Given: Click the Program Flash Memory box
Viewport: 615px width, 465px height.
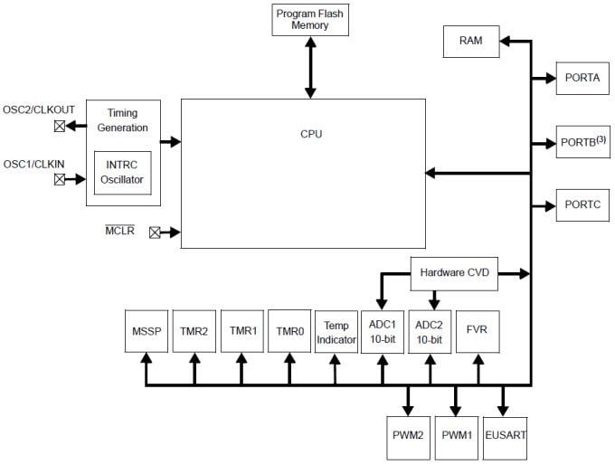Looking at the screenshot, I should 310,20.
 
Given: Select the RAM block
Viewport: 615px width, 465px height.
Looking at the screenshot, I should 470,41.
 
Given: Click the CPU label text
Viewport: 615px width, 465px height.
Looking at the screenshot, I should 311,134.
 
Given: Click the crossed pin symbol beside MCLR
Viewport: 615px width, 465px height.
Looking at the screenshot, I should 154,232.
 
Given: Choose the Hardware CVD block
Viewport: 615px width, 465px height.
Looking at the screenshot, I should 454,273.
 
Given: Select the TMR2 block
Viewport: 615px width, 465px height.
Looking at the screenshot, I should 193,331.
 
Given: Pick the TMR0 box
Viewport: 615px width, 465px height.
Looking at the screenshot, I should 289,331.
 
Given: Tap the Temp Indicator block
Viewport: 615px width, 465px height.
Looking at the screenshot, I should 336,331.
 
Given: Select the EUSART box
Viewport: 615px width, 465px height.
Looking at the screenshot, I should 506,434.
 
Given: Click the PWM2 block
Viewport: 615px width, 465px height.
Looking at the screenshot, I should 409,434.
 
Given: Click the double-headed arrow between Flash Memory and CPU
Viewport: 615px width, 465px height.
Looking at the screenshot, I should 310,68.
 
